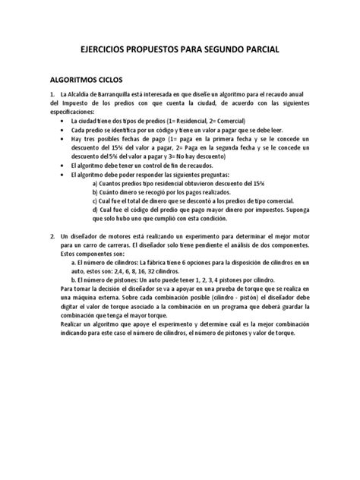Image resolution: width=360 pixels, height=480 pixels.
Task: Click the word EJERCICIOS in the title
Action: [x=109, y=50]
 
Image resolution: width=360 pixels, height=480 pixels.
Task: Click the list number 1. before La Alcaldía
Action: [x=52, y=93]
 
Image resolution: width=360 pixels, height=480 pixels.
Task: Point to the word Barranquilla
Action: [x=120, y=93]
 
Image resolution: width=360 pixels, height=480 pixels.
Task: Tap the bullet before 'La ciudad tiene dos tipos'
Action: [x=61, y=122]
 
